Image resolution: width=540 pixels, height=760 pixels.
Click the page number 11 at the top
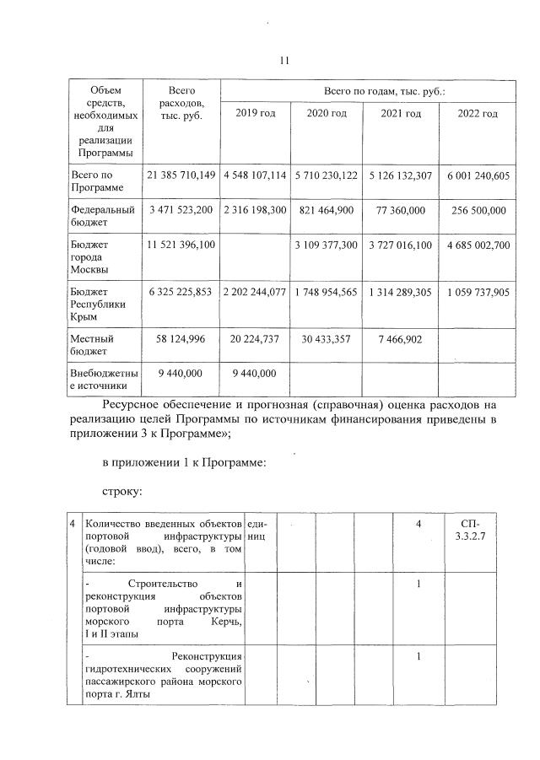283,61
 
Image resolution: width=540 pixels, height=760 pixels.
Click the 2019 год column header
255,114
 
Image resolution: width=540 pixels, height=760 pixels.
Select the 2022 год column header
478,114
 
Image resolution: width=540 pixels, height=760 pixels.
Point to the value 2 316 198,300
255,208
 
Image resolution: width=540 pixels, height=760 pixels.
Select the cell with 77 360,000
402,208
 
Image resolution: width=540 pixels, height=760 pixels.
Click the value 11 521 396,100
181,245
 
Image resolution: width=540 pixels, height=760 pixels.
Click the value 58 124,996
181,338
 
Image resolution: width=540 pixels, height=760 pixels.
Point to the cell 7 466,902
402,338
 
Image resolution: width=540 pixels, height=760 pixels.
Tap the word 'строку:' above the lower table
123,489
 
